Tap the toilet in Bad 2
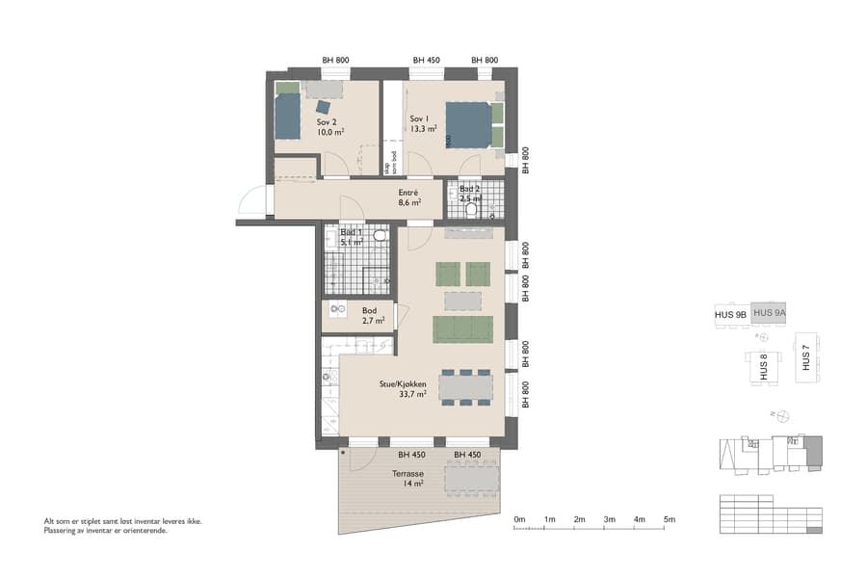click(x=472, y=208)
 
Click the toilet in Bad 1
click(x=379, y=234)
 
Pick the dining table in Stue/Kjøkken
click(x=466, y=386)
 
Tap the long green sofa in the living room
click(x=463, y=329)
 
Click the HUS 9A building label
click(x=770, y=313)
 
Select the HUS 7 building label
click(x=805, y=357)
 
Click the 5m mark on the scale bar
click(x=670, y=520)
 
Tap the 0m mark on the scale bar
click(x=519, y=520)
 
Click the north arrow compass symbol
click(x=782, y=416)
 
